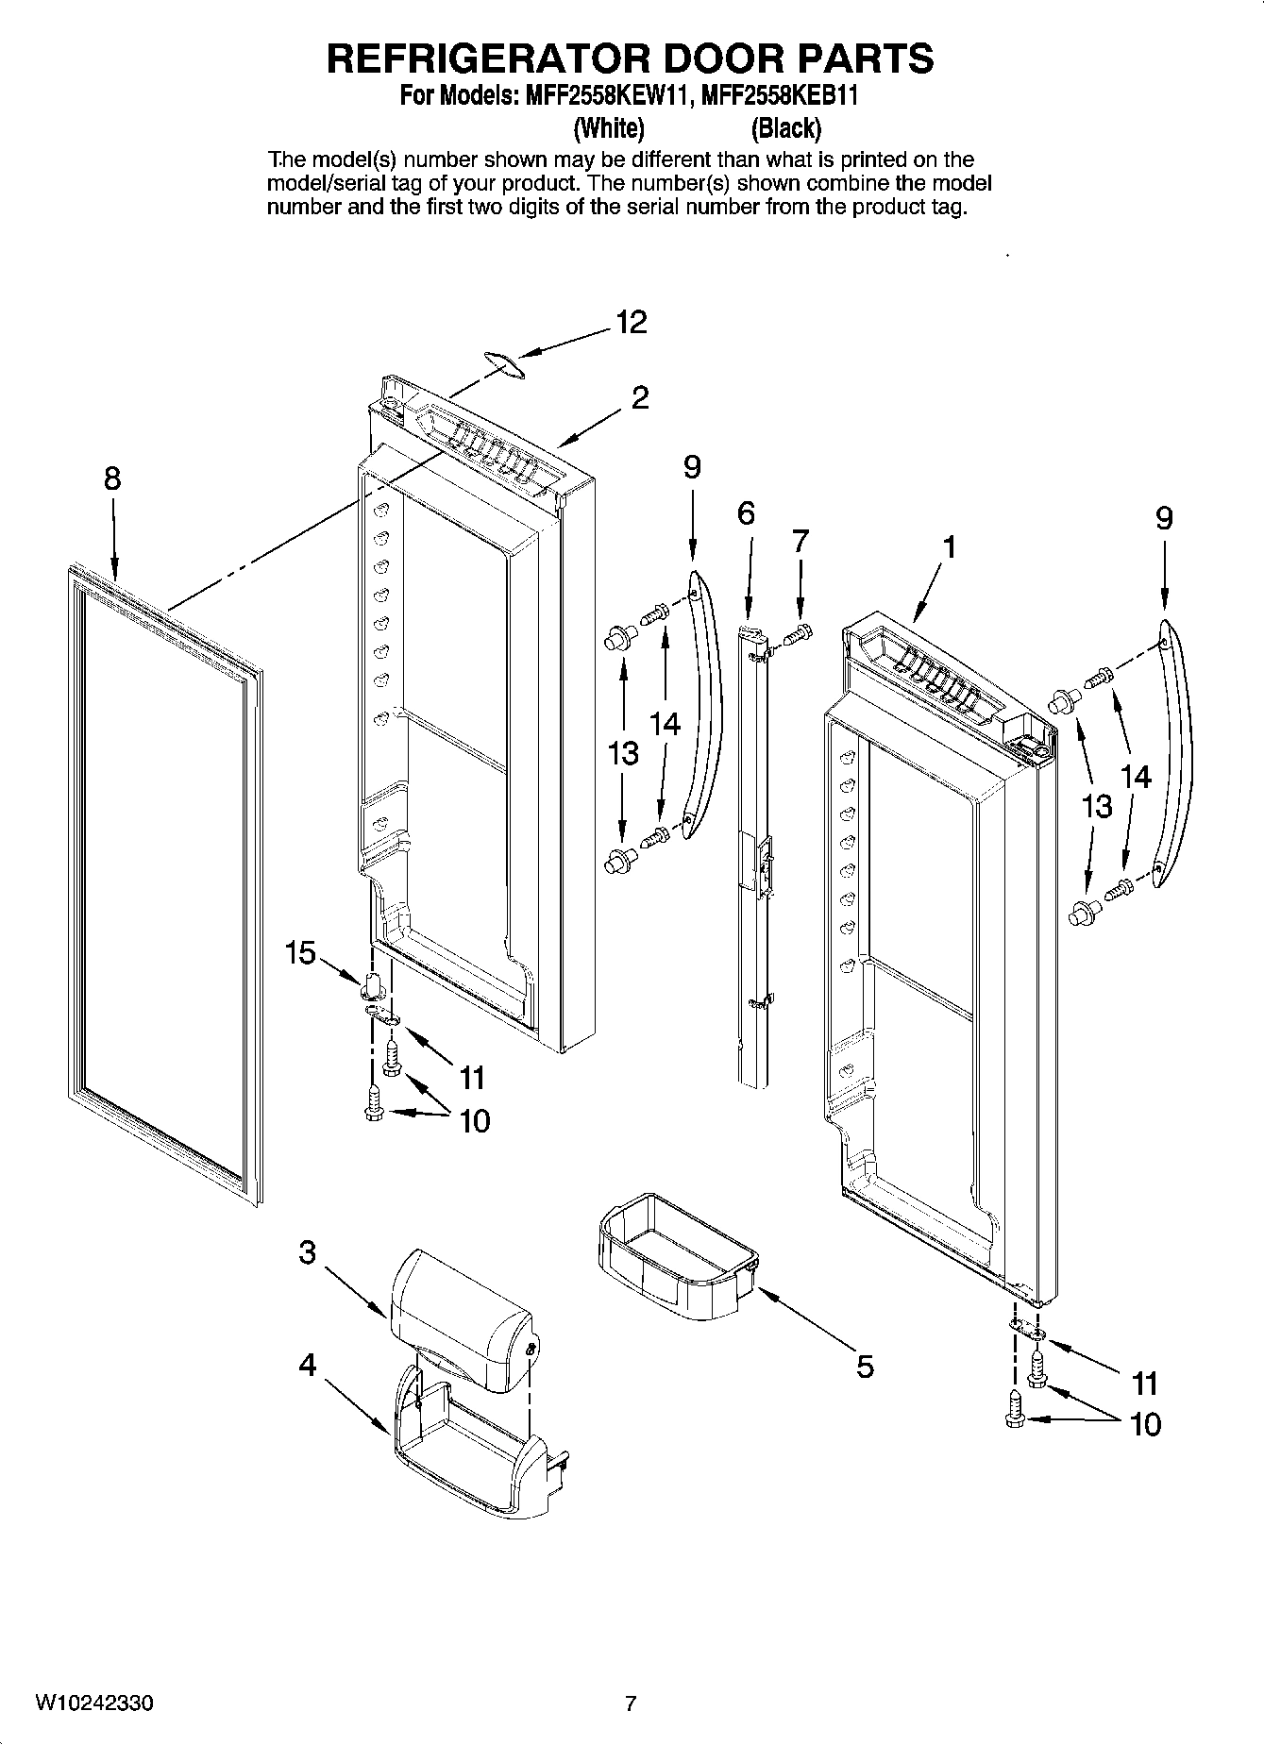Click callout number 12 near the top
pos(632,323)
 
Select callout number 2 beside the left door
pos(640,398)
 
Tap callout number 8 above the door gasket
pos(112,479)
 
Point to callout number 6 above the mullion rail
pos(746,513)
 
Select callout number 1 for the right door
pos(950,546)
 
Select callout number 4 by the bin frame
pos(308,1365)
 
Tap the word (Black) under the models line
pos(785,127)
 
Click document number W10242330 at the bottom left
pos(95,1703)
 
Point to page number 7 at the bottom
pos(631,1703)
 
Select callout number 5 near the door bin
pos(865,1366)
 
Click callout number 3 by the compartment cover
pos(307,1253)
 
